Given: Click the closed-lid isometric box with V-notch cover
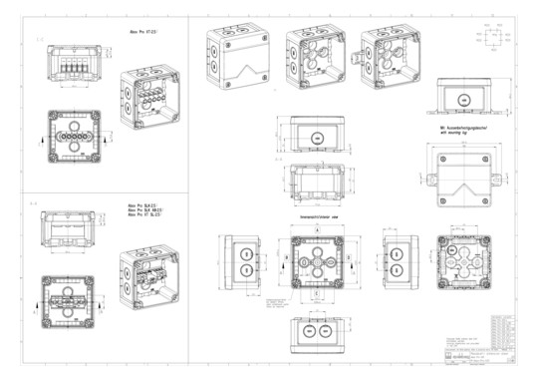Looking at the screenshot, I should pos(238,61).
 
